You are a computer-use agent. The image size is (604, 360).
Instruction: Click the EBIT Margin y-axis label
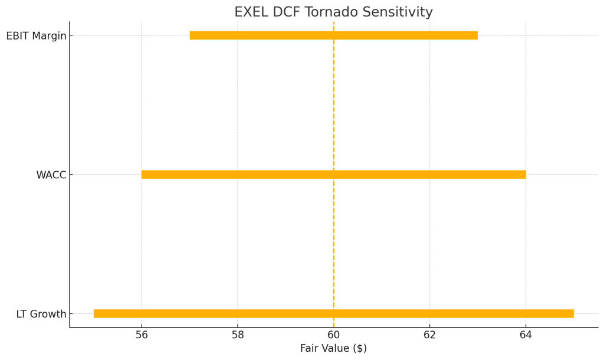(x=36, y=36)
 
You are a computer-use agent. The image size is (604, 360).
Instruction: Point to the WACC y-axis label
(x=51, y=175)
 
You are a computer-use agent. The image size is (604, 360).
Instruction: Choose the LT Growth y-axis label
(x=41, y=314)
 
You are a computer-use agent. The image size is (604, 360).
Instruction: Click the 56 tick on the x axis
(x=142, y=335)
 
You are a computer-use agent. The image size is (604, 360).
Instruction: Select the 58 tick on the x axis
(x=238, y=335)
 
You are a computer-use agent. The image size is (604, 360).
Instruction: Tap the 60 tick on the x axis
(x=334, y=335)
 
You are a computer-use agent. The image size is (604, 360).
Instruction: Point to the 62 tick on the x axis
(x=429, y=335)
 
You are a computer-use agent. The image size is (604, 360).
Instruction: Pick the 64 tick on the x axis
(x=526, y=335)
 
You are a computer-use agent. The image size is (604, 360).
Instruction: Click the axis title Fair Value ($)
(x=333, y=349)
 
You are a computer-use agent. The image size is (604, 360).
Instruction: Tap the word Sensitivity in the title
(x=401, y=12)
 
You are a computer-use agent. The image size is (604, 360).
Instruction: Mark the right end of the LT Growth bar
(x=573, y=313)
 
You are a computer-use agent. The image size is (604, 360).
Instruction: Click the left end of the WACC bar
(x=143, y=175)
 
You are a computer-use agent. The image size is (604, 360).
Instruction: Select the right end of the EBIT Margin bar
(x=477, y=35)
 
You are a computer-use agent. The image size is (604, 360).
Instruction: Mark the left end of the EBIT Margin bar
(x=191, y=35)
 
